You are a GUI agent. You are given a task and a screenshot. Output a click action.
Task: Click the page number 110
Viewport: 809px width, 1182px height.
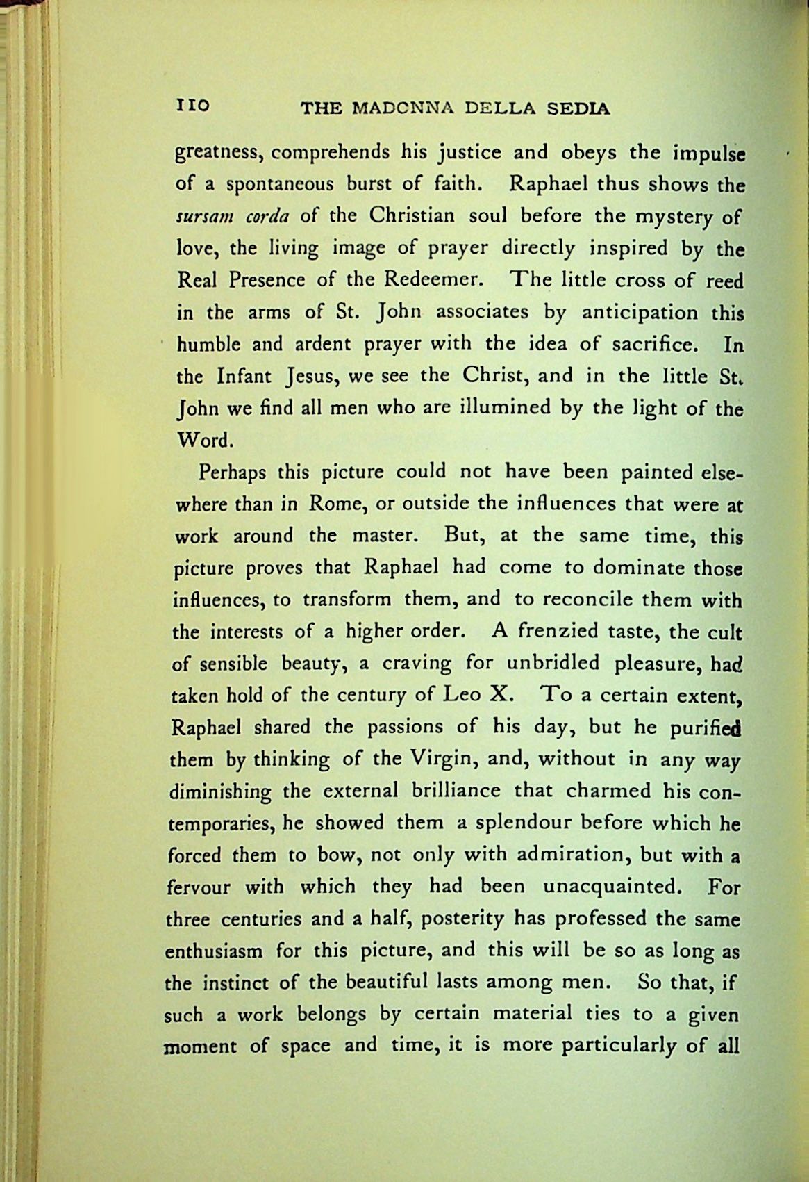[x=193, y=106]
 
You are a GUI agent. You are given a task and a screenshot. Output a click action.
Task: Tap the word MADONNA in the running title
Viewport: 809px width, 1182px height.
[x=405, y=109]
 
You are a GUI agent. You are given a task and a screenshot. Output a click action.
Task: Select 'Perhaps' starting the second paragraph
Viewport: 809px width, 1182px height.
[x=233, y=474]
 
